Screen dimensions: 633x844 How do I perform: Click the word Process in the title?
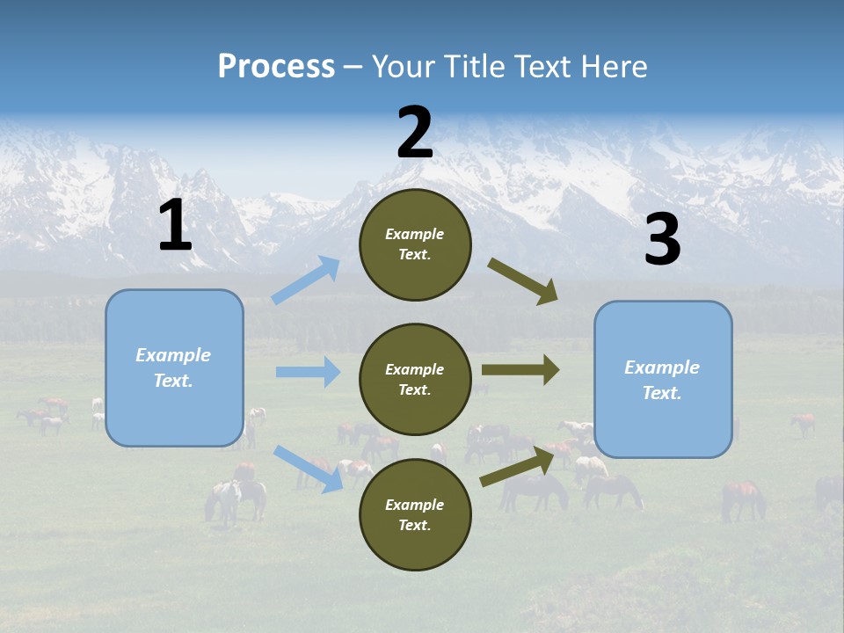pyautogui.click(x=276, y=67)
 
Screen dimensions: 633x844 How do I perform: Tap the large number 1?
pyautogui.click(x=175, y=226)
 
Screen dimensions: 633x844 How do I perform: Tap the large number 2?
pyautogui.click(x=415, y=133)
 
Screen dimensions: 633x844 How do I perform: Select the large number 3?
pyautogui.click(x=662, y=240)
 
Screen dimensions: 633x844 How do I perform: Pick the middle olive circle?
pyautogui.click(x=415, y=380)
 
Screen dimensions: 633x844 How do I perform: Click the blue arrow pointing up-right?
pyautogui.click(x=306, y=280)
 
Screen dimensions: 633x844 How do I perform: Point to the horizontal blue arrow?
pyautogui.click(x=309, y=372)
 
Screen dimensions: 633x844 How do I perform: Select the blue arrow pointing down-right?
pyautogui.click(x=309, y=468)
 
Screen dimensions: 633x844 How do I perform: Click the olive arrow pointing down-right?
pyautogui.click(x=523, y=281)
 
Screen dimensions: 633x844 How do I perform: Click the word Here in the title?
pyautogui.click(x=613, y=67)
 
